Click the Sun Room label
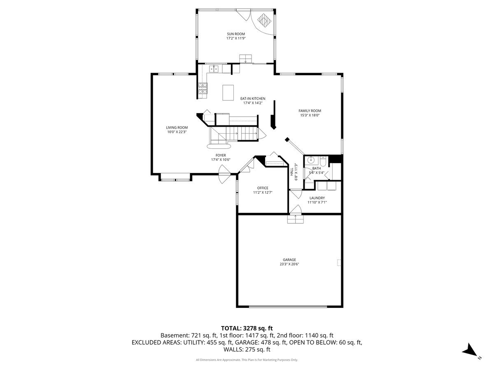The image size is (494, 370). click(x=235, y=34)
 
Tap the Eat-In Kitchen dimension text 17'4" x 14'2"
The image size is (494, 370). click(x=253, y=103)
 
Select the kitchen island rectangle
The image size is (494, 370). click(x=228, y=92)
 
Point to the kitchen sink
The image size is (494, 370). click(x=56, y=69)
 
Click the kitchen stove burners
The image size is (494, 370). click(x=45, y=88)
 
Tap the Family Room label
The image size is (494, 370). click(x=310, y=111)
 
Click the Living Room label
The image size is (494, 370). click(x=177, y=127)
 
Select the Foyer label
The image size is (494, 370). click(x=221, y=155)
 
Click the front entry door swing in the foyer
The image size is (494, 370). click(x=225, y=174)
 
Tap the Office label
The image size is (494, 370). click(x=263, y=188)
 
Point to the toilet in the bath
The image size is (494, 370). click(x=322, y=160)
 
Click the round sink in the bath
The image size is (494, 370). click(x=311, y=160)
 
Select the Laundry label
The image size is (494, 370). click(x=317, y=198)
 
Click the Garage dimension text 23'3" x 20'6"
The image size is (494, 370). click(x=289, y=264)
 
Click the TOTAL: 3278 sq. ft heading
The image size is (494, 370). click(x=247, y=328)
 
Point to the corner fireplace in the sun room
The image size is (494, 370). click(x=264, y=20)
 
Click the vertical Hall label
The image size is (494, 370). click(x=292, y=172)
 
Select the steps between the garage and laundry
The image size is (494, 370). click(x=295, y=219)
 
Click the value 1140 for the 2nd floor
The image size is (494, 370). click(x=312, y=335)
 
